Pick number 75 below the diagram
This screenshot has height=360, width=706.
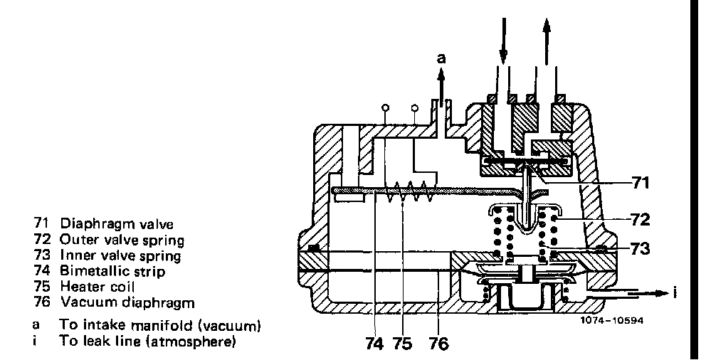(x=402, y=344)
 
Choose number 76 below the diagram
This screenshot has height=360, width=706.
(x=438, y=344)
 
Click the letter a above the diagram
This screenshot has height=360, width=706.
(x=441, y=59)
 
